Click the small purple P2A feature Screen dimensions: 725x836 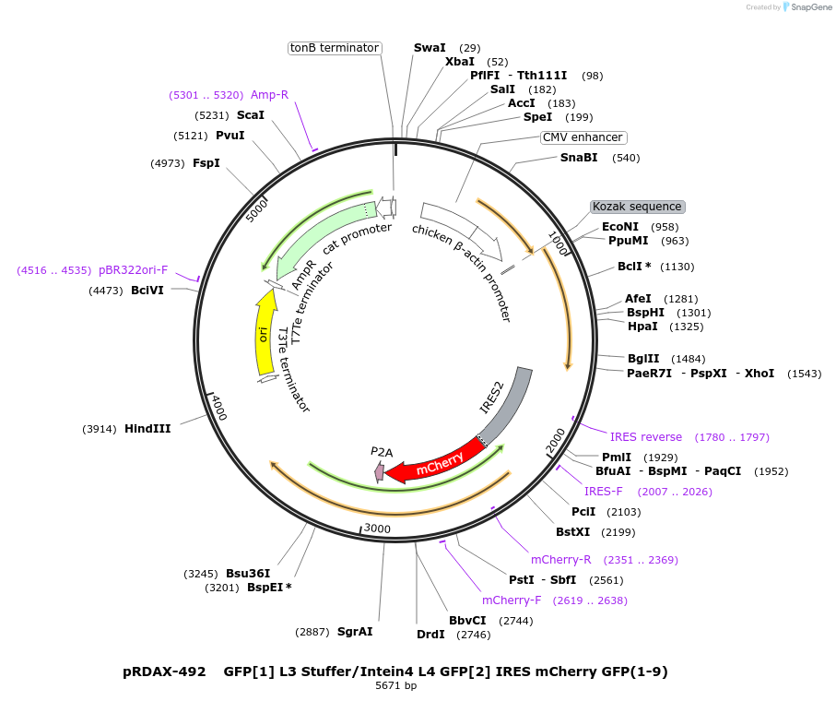point(380,471)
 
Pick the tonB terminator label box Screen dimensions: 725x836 point(335,48)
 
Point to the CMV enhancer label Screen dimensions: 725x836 point(583,137)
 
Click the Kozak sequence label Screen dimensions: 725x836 point(637,207)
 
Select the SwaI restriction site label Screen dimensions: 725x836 point(430,48)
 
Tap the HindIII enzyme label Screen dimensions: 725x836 point(147,429)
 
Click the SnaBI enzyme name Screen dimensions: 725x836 point(579,158)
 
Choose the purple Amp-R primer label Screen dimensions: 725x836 point(269,95)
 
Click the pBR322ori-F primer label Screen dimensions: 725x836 point(134,270)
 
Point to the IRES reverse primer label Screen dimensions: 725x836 point(646,437)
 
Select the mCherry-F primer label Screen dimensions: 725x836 point(512,600)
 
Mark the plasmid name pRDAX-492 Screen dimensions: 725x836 point(164,672)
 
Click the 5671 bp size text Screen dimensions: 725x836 point(395,686)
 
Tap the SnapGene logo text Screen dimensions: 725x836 point(807,7)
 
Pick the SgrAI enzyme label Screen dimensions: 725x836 point(355,632)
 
